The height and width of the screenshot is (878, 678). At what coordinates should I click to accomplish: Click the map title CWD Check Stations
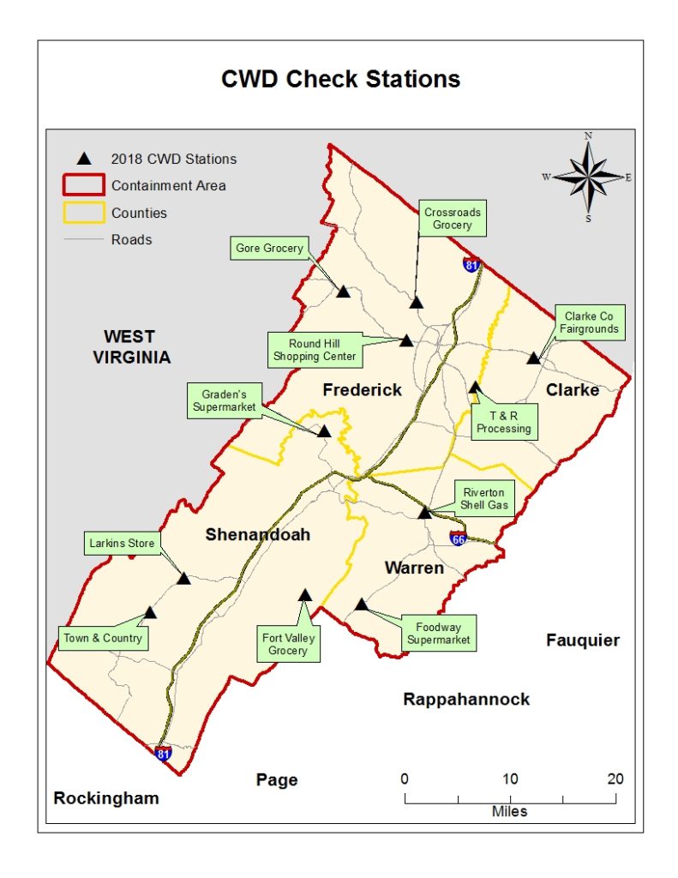(x=340, y=79)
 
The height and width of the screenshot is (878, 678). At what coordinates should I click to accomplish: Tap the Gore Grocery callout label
(x=269, y=249)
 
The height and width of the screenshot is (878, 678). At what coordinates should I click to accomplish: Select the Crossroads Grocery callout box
(x=452, y=219)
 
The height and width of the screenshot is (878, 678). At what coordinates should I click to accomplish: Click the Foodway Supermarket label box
(x=438, y=634)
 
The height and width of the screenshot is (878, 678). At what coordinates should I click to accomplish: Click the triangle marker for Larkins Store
(x=183, y=579)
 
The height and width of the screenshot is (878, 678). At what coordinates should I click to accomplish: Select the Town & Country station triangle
(x=150, y=613)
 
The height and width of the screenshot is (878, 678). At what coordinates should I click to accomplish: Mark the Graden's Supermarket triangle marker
(x=324, y=431)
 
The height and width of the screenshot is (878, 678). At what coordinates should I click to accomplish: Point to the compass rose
(x=589, y=177)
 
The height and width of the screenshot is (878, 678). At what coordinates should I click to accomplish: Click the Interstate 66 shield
(x=459, y=538)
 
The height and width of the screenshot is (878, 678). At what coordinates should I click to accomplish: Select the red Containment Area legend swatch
(x=83, y=185)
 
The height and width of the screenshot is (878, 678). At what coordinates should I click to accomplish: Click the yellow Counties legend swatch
(x=83, y=213)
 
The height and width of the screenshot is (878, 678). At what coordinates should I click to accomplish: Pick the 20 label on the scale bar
(x=614, y=779)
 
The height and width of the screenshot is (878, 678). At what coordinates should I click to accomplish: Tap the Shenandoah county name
(x=257, y=535)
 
